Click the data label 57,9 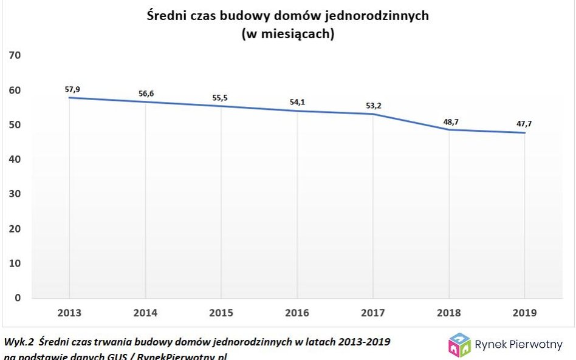[72, 89]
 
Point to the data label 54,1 [297, 102]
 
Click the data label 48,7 [451, 121]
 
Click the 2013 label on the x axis [69, 313]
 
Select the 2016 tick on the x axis [297, 313]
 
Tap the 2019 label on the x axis [525, 313]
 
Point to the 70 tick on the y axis [14, 55]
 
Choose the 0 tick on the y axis [17, 298]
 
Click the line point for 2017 [373, 114]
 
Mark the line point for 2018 [449, 129]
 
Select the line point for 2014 [145, 101]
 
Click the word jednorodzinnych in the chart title [383, 16]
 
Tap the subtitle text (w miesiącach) [288, 34]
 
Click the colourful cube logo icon [459, 344]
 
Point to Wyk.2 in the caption [18, 342]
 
